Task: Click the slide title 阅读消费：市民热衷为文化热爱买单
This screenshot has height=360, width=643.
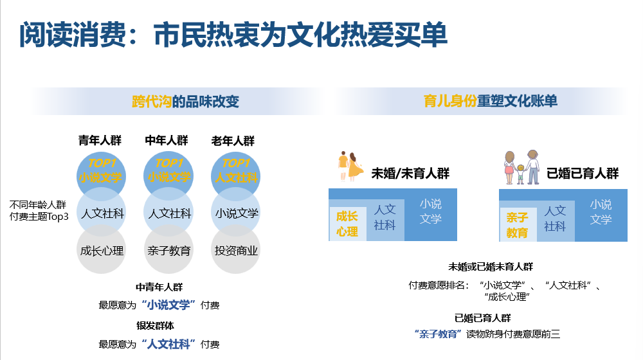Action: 233,35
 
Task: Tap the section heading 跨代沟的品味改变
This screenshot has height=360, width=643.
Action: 185,102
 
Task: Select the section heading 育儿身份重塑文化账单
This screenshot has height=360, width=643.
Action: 490,101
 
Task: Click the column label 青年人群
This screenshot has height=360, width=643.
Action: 100,141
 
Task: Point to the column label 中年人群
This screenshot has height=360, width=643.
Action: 167,141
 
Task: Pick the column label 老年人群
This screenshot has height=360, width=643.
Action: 233,141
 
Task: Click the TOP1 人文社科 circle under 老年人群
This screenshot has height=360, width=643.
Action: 236,172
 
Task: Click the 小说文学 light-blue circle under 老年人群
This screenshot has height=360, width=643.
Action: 236,212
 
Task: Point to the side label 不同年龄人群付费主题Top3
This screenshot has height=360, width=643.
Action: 39,210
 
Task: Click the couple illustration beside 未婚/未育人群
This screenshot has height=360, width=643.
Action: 350,166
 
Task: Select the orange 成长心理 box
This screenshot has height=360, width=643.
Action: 348,224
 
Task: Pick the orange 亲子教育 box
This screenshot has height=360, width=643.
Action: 518,225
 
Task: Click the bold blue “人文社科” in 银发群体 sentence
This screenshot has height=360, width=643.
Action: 168,344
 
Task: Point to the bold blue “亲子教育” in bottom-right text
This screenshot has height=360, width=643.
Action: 438,334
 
